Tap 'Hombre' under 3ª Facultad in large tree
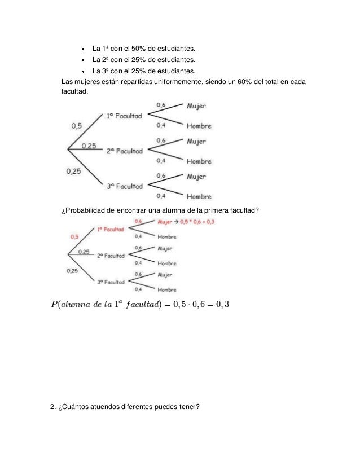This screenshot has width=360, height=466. [199, 197]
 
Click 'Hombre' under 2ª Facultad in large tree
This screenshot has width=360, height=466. [199, 161]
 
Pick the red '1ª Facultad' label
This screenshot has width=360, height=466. [110, 230]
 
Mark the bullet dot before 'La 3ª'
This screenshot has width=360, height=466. [83, 72]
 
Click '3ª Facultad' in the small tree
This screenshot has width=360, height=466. [110, 282]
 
